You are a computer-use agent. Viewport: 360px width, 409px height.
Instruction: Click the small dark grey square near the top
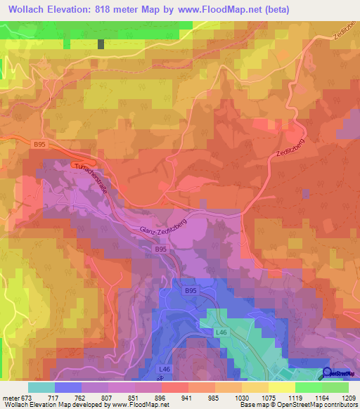pyautogui.click(x=101, y=44)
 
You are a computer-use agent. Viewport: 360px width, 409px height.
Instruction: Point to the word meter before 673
pyautogui.click(x=10, y=398)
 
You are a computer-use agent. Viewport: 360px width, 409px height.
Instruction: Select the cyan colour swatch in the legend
pyautogui.click(x=41, y=387)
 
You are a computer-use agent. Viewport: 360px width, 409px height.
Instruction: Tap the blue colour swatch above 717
pyautogui.click(x=68, y=387)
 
